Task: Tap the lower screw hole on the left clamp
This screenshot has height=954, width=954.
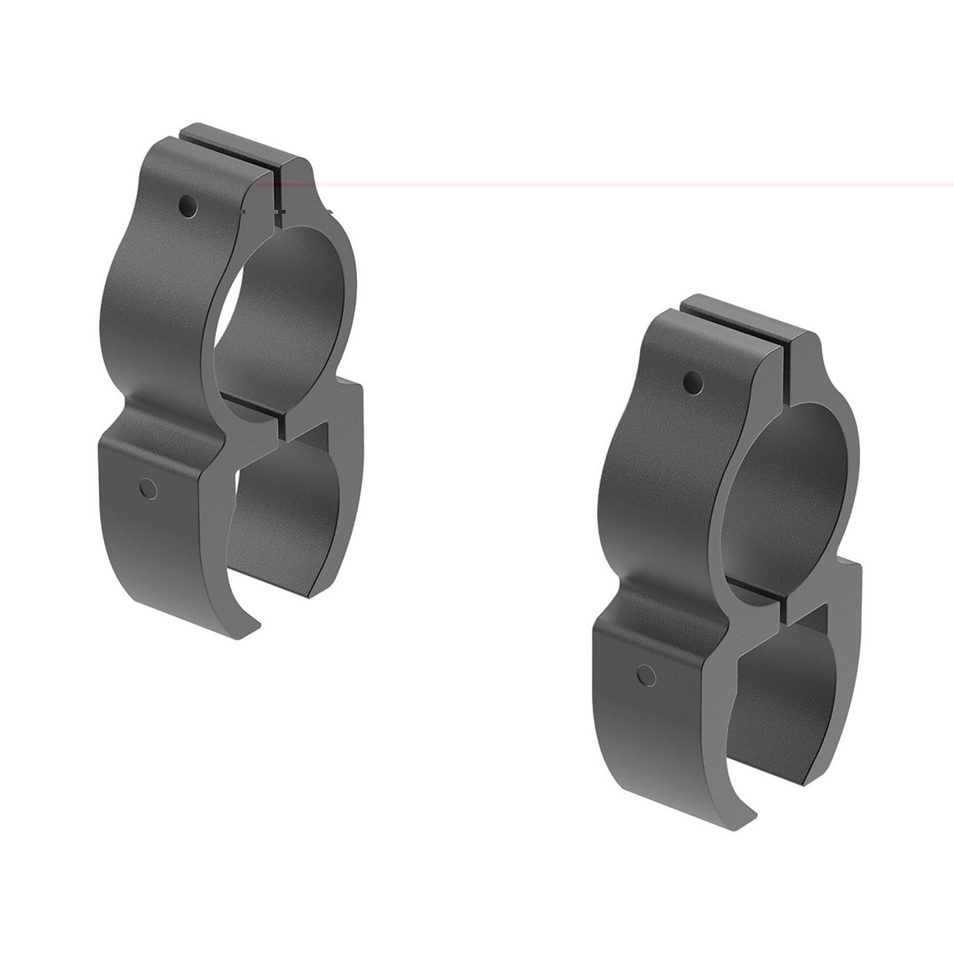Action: (148, 488)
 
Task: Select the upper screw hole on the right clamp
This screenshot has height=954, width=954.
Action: (692, 384)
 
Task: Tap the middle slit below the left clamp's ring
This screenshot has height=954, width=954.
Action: (280, 425)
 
